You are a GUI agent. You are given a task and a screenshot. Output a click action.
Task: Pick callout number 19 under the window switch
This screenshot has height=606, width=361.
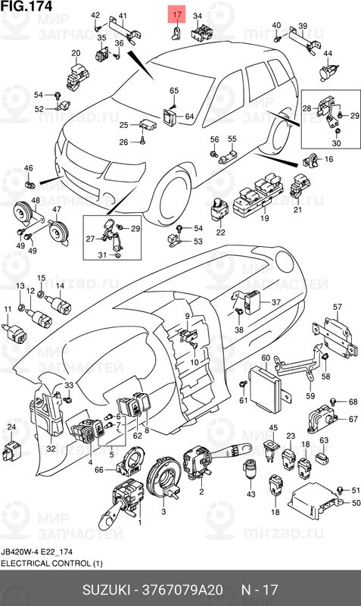pyautogui.click(x=265, y=218)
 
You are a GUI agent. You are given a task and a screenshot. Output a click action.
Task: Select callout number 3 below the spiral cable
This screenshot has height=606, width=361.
pyautogui.click(x=163, y=513)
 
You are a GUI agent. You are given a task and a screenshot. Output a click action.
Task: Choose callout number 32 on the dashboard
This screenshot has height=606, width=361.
pyautogui.click(x=51, y=449)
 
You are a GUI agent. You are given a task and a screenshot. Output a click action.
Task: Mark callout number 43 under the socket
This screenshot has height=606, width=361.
pyautogui.click(x=250, y=494)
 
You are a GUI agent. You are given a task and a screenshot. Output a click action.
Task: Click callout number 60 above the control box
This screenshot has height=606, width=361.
pyautogui.click(x=265, y=358)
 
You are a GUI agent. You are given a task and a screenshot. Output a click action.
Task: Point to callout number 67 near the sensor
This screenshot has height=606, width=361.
pyautogui.click(x=353, y=419)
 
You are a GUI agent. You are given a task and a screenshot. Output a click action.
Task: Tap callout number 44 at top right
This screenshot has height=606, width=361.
pyautogui.click(x=328, y=54)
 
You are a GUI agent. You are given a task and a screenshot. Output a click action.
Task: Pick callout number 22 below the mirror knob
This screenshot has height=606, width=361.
pyautogui.click(x=221, y=232)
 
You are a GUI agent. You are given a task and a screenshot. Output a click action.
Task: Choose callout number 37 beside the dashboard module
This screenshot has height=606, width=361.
pyautogui.click(x=275, y=302)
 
